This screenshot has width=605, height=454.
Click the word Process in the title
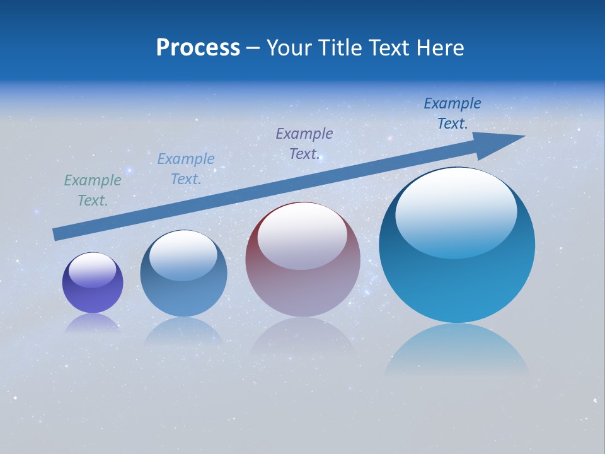tap(198, 48)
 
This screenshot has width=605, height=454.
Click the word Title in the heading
tap(342, 48)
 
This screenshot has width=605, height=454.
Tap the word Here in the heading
tap(441, 48)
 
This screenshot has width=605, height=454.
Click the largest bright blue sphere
tap(457, 284)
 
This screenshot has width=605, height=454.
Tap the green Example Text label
tap(93, 190)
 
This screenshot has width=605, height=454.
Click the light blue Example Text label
tap(186, 168)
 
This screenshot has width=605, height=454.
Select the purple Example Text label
tap(304, 143)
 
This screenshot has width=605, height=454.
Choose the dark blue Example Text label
tap(452, 113)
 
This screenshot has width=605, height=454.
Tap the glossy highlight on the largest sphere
tap(456, 211)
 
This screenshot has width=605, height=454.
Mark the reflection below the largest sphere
tap(457, 350)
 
